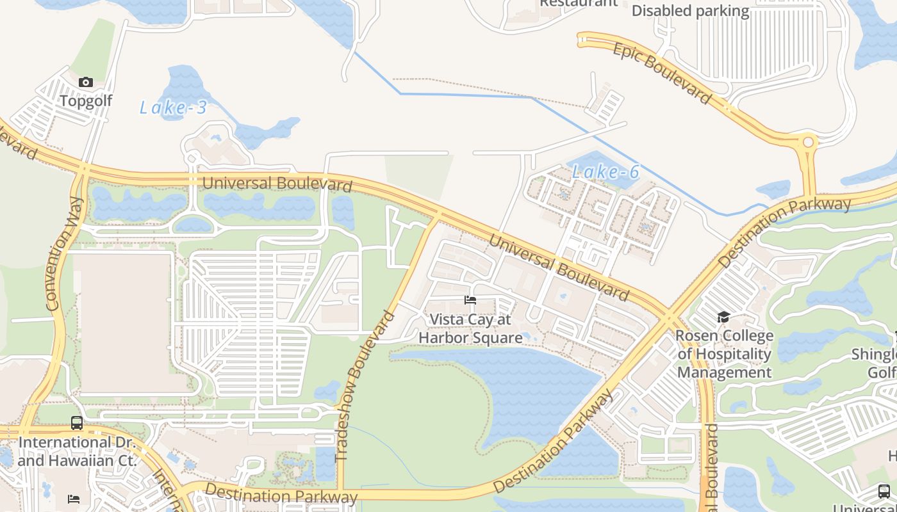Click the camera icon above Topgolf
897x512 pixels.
tap(86, 82)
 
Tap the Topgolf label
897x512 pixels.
tap(86, 100)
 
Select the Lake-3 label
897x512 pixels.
tap(173, 108)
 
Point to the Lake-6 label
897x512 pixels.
tap(605, 172)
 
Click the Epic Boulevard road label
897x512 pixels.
tap(662, 74)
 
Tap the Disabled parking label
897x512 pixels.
tap(690, 11)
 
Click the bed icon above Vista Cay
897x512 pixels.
tap(470, 300)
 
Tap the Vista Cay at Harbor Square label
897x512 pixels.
tap(470, 328)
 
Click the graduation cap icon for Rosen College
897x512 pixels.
tap(723, 317)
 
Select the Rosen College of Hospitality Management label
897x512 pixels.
tap(725, 354)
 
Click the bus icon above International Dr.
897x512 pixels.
tap(77, 423)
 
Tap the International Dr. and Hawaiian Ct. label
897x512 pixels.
tap(77, 451)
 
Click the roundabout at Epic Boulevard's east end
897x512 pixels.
tap(808, 142)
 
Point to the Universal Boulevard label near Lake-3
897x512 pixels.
tap(277, 184)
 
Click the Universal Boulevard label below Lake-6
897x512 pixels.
tap(558, 268)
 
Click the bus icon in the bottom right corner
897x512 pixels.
tap(884, 492)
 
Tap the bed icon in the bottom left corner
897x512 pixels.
tap(74, 499)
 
